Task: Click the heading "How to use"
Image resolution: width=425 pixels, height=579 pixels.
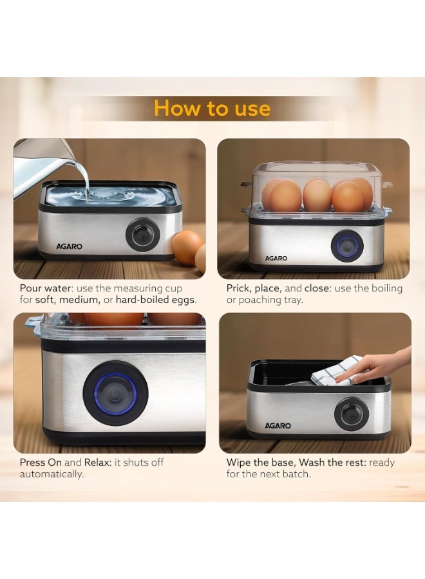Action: [212, 108]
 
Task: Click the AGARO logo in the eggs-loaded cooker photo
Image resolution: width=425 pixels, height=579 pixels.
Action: [276, 259]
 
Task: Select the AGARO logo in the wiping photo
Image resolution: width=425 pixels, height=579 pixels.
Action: [278, 426]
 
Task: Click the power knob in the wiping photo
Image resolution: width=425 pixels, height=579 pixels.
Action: [351, 414]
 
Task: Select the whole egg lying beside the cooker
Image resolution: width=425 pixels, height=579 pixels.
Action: [187, 248]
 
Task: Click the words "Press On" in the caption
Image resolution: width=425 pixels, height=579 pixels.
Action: [41, 463]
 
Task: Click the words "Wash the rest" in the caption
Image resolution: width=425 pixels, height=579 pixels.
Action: [329, 463]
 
